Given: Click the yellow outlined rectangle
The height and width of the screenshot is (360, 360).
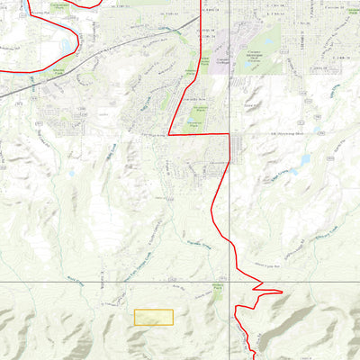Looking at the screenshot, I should [x=154, y=317].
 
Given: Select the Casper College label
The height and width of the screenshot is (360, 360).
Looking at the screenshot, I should [x=222, y=61].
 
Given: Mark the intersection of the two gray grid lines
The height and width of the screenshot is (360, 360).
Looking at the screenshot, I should [x=229, y=282].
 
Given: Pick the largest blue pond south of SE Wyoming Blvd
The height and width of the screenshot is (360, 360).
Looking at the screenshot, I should [x=304, y=160].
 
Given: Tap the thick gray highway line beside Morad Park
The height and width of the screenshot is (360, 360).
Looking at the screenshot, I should [x=36, y=85].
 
